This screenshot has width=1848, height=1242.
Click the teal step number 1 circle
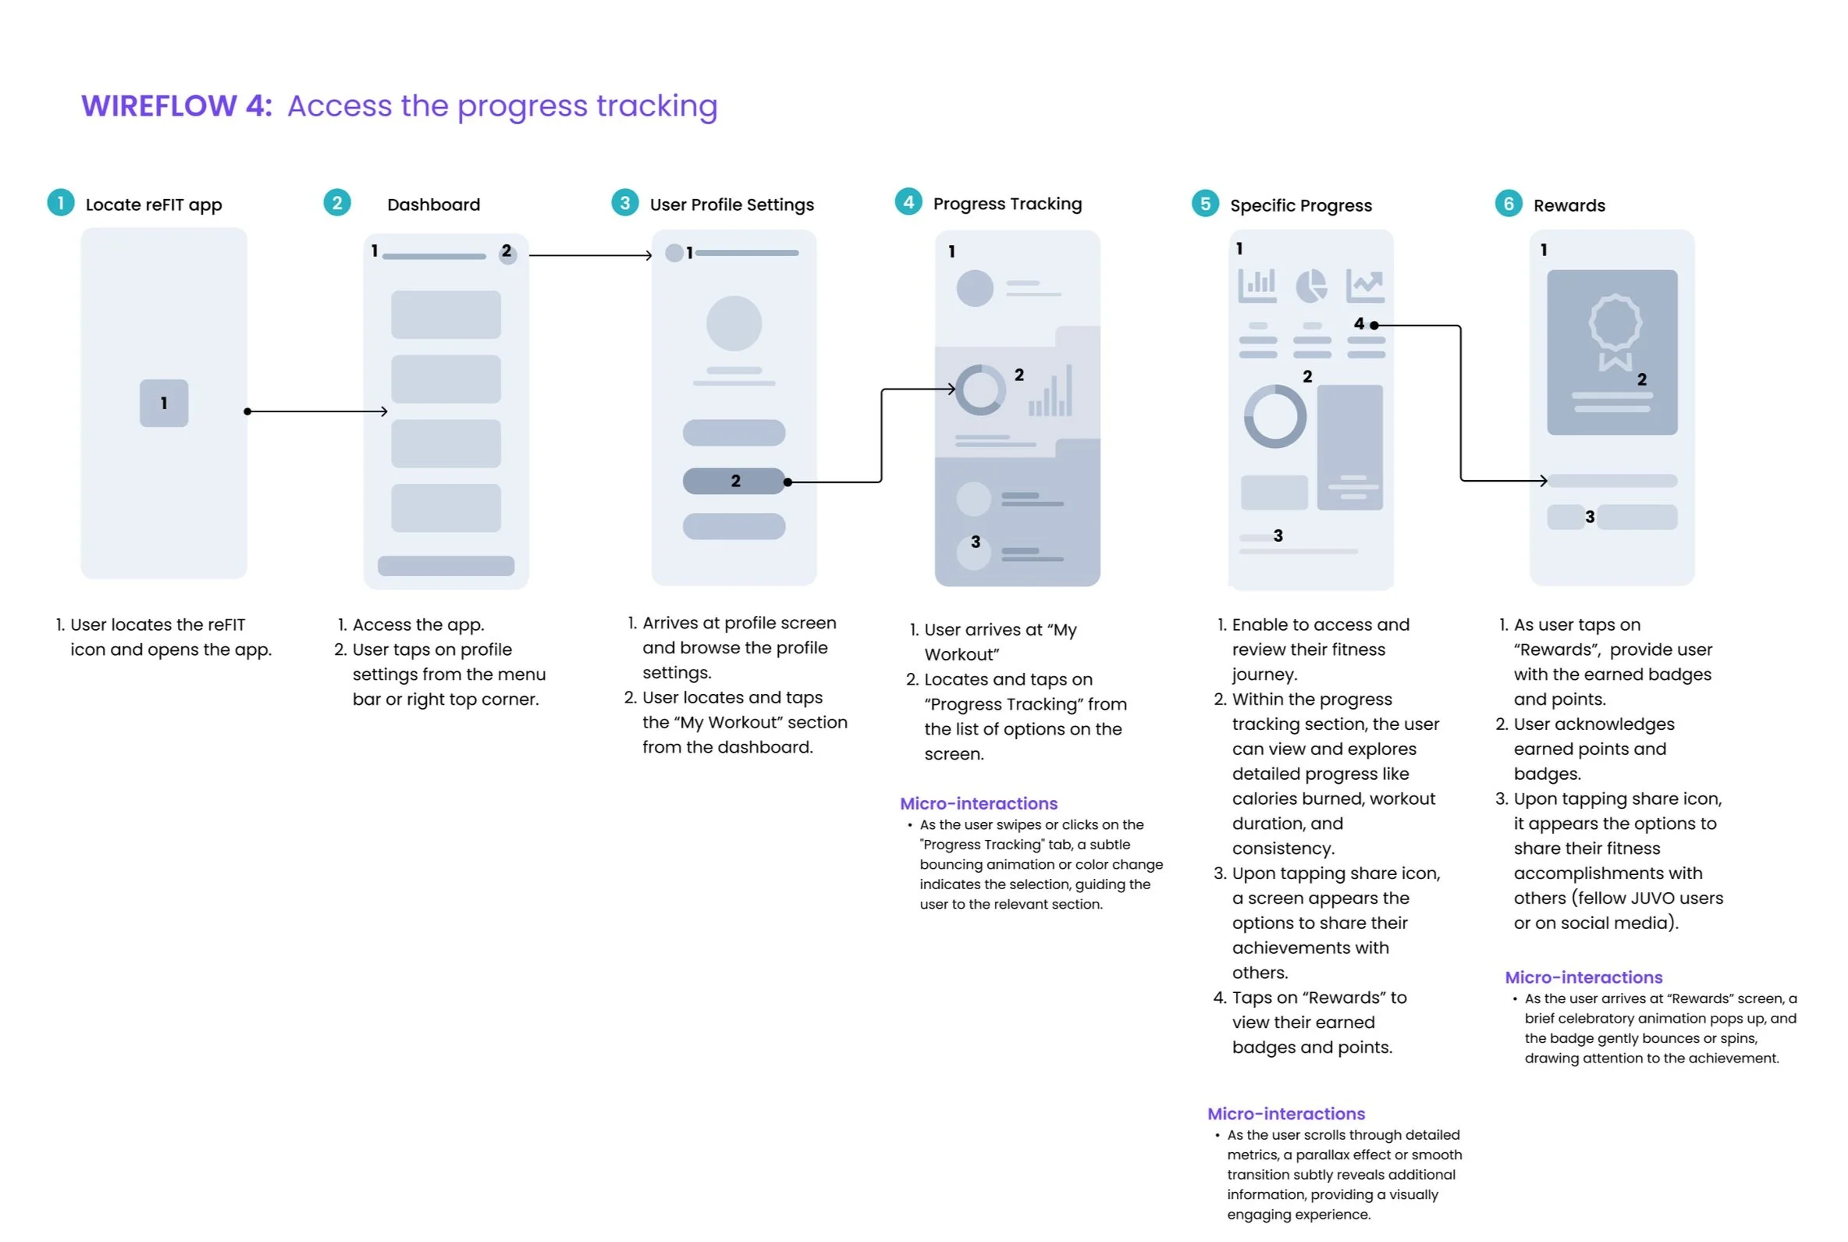click(x=61, y=203)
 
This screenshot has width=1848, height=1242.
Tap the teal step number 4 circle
click(x=908, y=202)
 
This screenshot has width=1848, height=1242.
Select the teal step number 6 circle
click(x=1509, y=204)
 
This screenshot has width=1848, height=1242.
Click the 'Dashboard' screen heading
click(x=433, y=205)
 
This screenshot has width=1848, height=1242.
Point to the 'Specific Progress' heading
click(x=1300, y=205)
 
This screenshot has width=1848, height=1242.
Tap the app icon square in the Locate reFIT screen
click(x=164, y=403)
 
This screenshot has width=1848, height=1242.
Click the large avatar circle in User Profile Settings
click(x=734, y=323)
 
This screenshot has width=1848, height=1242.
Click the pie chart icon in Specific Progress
click(x=1311, y=286)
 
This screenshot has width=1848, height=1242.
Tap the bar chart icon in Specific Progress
click(x=1256, y=286)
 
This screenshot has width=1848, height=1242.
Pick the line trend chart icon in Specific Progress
click(x=1365, y=286)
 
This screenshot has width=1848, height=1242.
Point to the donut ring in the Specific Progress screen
click(x=1274, y=417)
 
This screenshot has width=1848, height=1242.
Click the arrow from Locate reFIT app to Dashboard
click(x=317, y=411)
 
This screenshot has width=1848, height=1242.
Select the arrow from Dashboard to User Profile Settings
click(x=590, y=255)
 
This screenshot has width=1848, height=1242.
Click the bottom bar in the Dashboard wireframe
click(x=446, y=565)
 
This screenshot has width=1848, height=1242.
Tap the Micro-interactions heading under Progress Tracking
click(x=979, y=803)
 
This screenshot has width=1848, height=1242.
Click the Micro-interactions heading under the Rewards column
click(x=1583, y=977)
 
